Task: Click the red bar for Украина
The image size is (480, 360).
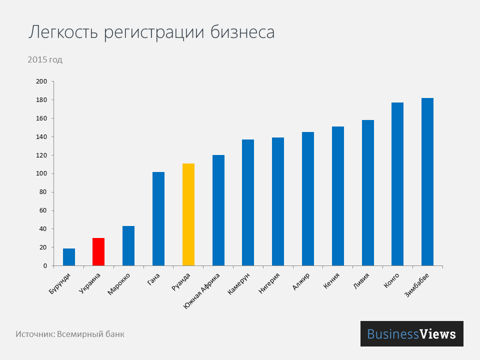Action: (98, 252)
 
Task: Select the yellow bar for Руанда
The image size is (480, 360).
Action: (188, 214)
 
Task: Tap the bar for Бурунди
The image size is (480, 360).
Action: (69, 257)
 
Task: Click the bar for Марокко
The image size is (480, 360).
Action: (128, 245)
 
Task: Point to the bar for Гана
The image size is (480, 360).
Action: (158, 218)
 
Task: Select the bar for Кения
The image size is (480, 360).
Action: (337, 196)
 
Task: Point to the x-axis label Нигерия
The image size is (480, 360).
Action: (269, 283)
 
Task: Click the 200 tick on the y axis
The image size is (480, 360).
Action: (41, 81)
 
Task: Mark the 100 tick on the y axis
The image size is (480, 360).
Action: (41, 173)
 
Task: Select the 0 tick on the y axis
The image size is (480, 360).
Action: (44, 265)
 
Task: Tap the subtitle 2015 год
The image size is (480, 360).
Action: (45, 60)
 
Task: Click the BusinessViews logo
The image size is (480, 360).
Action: (411, 333)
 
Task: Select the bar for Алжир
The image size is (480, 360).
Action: (308, 198)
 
